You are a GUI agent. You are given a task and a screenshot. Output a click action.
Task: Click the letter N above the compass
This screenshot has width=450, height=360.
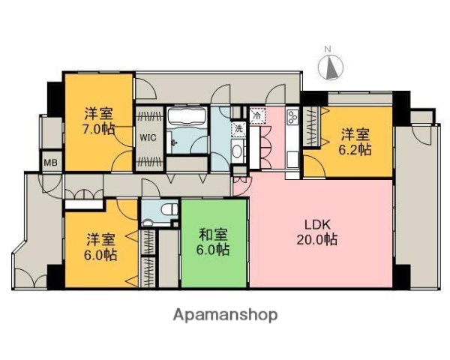pyautogui.click(x=328, y=50)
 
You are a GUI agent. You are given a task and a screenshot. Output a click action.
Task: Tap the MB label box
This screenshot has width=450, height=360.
pyautogui.click(x=51, y=162)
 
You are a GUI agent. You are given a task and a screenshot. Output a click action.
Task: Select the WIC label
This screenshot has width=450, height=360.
pyautogui.click(x=147, y=138)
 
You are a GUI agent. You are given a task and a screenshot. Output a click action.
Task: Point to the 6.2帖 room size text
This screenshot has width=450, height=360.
pyautogui.click(x=355, y=150)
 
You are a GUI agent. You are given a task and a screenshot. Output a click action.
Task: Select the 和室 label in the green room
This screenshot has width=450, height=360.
pyautogui.click(x=214, y=233)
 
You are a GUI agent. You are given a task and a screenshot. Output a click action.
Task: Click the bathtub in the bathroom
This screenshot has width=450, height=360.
pyautogui.click(x=187, y=118)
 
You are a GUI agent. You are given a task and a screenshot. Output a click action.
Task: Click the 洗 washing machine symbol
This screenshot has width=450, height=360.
pyautogui.click(x=238, y=128)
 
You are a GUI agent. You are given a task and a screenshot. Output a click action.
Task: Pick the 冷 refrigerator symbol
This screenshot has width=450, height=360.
pyautogui.click(x=256, y=116)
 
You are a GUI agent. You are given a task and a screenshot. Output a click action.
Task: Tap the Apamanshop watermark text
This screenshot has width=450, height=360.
pyautogui.click(x=225, y=314)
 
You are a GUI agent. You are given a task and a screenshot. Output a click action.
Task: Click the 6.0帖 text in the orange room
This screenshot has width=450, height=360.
pyautogui.click(x=100, y=255)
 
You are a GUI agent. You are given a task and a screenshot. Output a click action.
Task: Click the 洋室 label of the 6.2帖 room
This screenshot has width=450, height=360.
pyautogui.click(x=355, y=135)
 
